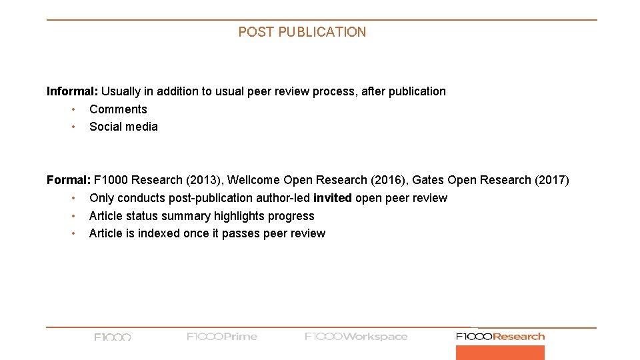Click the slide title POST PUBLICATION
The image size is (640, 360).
[302, 32]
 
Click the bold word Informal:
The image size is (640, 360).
[72, 91]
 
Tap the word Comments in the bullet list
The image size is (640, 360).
[118, 109]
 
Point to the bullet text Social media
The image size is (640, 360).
[123, 127]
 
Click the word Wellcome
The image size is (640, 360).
[254, 180]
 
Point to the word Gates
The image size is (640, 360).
[428, 180]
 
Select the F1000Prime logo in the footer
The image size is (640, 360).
[222, 337]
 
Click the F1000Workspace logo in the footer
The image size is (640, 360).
[356, 337]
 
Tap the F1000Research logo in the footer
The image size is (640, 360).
[500, 337]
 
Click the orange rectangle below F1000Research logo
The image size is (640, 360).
[500, 353]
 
